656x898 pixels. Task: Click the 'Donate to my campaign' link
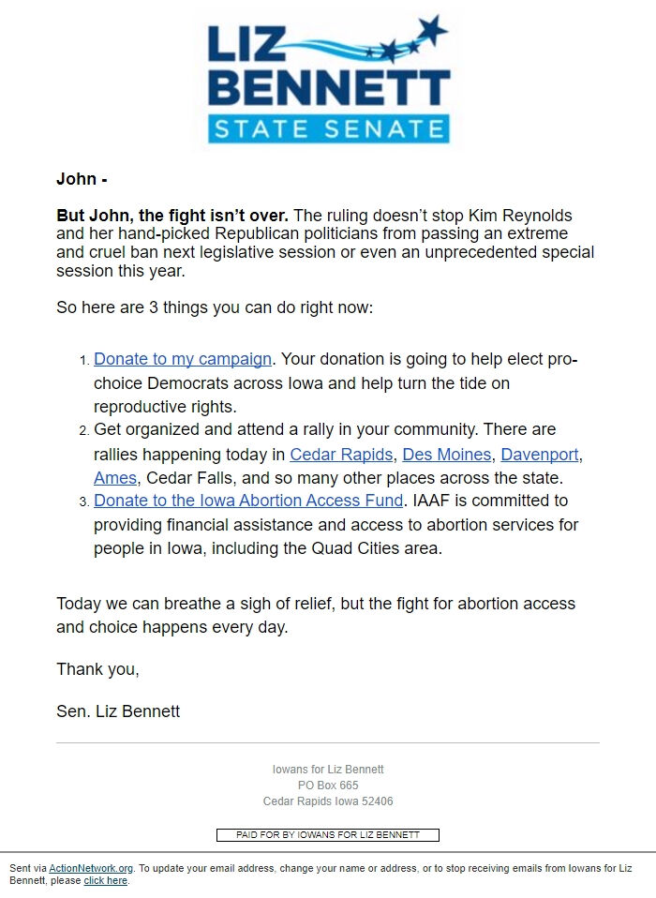click(183, 359)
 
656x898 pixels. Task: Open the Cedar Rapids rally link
click(341, 455)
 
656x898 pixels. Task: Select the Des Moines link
click(446, 455)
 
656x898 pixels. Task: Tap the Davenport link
click(540, 455)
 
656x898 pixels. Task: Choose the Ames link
click(114, 478)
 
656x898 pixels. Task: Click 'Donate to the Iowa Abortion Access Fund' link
click(248, 501)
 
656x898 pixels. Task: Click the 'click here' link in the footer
click(105, 881)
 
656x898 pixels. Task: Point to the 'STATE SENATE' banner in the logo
click(327, 128)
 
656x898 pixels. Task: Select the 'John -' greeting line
click(82, 179)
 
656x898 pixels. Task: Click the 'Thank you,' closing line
click(97, 669)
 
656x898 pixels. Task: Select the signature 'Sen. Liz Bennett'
click(118, 711)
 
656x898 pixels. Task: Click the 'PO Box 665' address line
click(328, 786)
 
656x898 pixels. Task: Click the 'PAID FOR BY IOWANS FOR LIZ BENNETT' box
click(328, 834)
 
